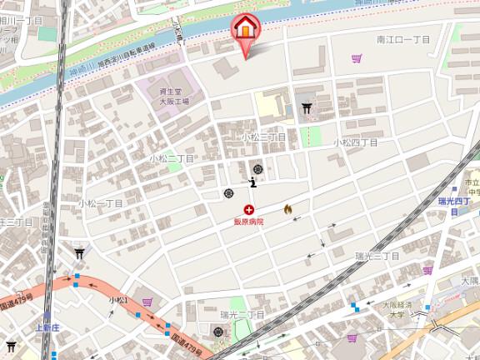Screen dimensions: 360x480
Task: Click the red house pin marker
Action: (x=245, y=27)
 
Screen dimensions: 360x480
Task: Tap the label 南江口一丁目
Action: (x=402, y=39)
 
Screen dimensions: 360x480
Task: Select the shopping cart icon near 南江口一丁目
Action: (x=357, y=58)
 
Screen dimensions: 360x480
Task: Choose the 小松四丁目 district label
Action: (x=355, y=142)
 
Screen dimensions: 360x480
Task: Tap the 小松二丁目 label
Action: (x=172, y=157)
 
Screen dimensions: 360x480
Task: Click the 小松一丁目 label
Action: (x=100, y=202)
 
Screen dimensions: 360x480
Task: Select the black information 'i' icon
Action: (x=253, y=182)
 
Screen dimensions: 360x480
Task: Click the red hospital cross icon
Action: (x=248, y=210)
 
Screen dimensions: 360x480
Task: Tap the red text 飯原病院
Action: (x=248, y=222)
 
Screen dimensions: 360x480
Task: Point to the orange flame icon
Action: (x=288, y=209)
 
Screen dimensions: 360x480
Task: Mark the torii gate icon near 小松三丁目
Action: (x=307, y=107)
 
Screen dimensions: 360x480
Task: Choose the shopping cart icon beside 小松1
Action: (x=147, y=302)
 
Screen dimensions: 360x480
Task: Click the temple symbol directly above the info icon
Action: (x=257, y=169)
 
